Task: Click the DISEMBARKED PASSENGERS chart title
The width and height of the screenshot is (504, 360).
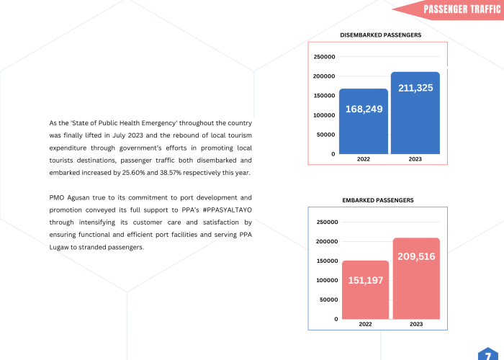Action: point(380,35)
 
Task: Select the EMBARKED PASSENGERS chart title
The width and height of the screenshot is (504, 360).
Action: point(378,199)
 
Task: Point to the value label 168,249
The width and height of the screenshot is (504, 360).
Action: point(364,109)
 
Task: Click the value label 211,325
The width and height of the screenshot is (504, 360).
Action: point(415,88)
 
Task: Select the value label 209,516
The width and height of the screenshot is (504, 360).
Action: point(416,256)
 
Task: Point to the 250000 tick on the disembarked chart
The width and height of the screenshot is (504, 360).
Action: point(325,57)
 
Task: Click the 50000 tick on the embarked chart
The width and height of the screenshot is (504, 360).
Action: point(328,300)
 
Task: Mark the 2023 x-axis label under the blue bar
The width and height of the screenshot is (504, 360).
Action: point(415,159)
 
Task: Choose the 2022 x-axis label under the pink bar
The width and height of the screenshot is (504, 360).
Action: point(365,325)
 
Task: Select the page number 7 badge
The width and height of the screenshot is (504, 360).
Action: point(489,354)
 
